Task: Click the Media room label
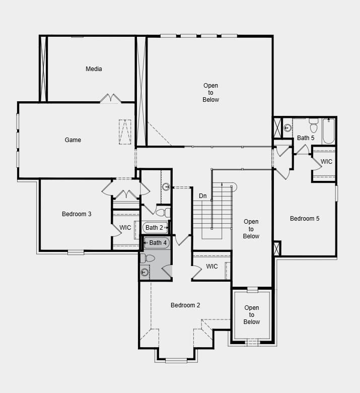[94, 69]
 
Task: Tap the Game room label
[73, 140]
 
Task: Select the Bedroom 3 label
[77, 214]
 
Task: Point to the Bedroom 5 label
[305, 219]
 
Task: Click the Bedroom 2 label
[185, 305]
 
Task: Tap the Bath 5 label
[306, 138]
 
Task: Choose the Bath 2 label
[155, 228]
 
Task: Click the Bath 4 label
[158, 243]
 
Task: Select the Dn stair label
[203, 195]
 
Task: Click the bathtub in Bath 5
[328, 131]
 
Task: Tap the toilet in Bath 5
[314, 123]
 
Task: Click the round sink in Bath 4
[145, 273]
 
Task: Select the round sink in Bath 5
[287, 128]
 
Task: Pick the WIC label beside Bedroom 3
[125, 228]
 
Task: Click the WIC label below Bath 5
[327, 162]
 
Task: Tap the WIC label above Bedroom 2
[212, 267]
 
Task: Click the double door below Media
[110, 99]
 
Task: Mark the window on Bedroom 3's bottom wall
[76, 252]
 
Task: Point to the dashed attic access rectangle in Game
[125, 132]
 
